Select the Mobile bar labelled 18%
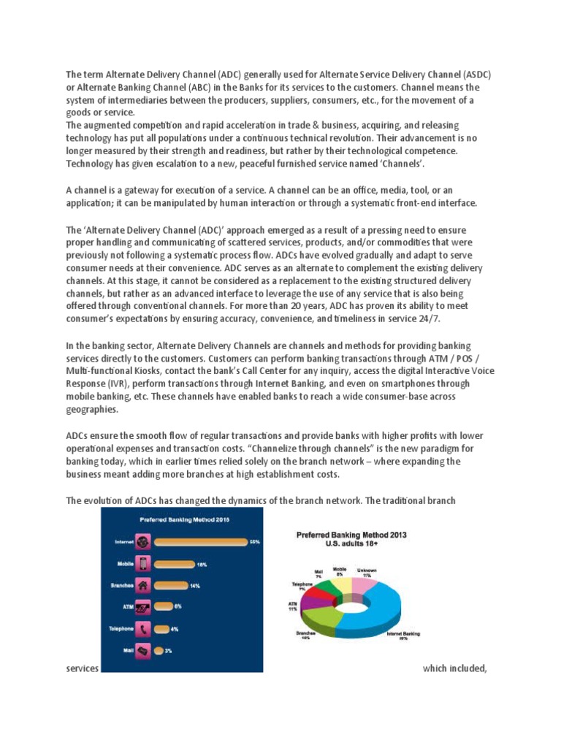coord(175,564)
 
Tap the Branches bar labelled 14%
coord(170,585)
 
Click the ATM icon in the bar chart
coord(143,606)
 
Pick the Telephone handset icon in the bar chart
coord(143,628)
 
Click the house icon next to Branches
coord(143,585)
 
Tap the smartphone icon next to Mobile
coord(143,564)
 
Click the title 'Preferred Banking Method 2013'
coord(351,535)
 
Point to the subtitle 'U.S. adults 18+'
coord(351,544)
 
